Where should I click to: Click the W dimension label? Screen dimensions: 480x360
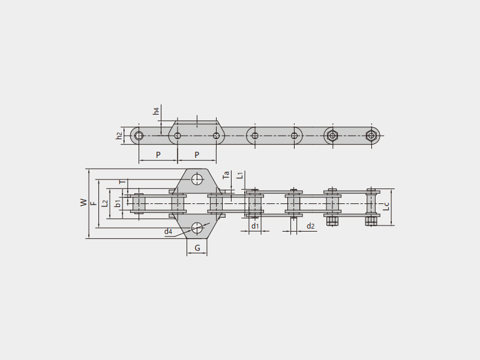83,203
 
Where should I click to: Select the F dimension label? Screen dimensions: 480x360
94,203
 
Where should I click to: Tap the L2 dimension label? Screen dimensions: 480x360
104,203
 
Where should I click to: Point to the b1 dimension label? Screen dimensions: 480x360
118,203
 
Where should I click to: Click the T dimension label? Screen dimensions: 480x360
122,182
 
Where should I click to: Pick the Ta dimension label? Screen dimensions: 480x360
226,175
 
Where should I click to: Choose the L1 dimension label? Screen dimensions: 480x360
241,175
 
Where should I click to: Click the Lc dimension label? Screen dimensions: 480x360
386,206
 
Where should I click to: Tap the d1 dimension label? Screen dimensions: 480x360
255,226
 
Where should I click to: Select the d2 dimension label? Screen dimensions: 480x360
310,226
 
